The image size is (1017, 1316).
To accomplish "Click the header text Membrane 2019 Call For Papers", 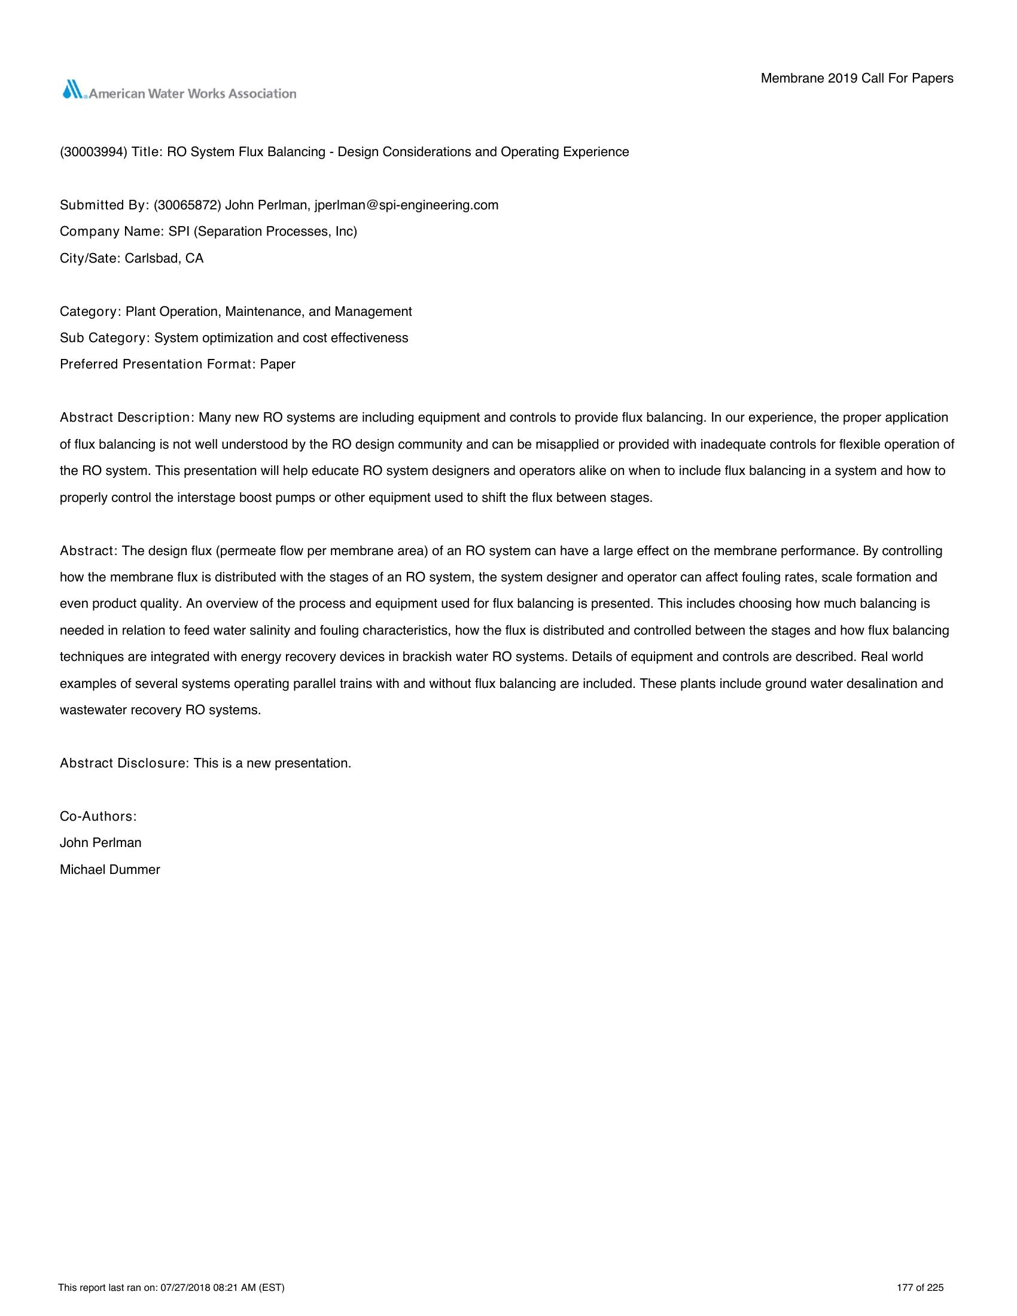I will [857, 78].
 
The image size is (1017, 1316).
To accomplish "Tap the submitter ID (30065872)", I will [187, 205].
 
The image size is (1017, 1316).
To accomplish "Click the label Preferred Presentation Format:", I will [158, 364].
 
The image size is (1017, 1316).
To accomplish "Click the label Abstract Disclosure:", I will [124, 763].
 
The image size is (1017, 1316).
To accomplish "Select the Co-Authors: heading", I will [98, 817].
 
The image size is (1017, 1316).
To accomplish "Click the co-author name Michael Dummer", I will [109, 870].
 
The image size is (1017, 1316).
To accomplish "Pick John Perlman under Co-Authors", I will [101, 843].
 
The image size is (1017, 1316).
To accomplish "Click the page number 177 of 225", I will [920, 1288].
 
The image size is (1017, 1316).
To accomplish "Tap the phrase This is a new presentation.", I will [272, 763].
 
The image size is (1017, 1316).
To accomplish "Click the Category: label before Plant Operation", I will [91, 312].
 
